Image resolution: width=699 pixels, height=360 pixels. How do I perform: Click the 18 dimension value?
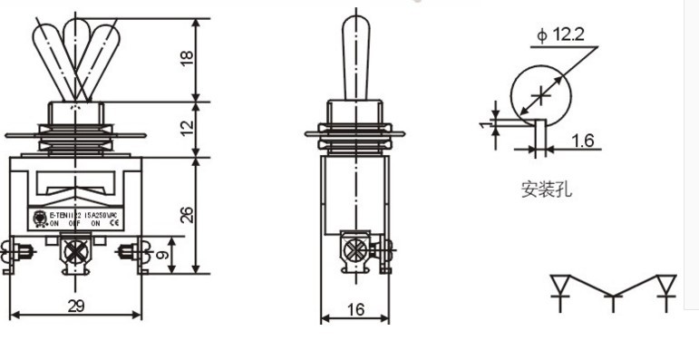tap(187, 58)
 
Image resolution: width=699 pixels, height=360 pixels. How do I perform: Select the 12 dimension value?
tap(187, 128)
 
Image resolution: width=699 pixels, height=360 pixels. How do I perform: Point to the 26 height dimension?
tap(187, 214)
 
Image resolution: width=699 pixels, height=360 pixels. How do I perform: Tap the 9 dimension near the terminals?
tap(161, 255)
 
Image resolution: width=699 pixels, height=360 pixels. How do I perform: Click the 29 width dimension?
tap(76, 306)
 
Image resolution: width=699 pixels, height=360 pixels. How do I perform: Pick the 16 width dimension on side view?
tap(354, 309)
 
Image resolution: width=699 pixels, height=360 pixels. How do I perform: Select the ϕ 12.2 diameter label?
tap(560, 35)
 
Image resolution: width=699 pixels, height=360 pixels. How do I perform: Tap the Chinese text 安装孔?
tap(546, 190)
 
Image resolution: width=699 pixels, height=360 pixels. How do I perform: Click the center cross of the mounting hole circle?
tap(541, 93)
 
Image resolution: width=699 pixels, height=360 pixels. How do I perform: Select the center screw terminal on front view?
tap(72, 251)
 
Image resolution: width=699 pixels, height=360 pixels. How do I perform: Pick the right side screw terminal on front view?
tap(128, 250)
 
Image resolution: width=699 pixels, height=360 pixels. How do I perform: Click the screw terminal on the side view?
tap(355, 248)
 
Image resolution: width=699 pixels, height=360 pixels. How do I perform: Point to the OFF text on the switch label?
tap(75, 222)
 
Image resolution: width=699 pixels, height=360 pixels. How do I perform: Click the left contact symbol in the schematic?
tap(559, 288)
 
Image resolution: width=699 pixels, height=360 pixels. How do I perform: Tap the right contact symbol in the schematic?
tap(667, 288)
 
